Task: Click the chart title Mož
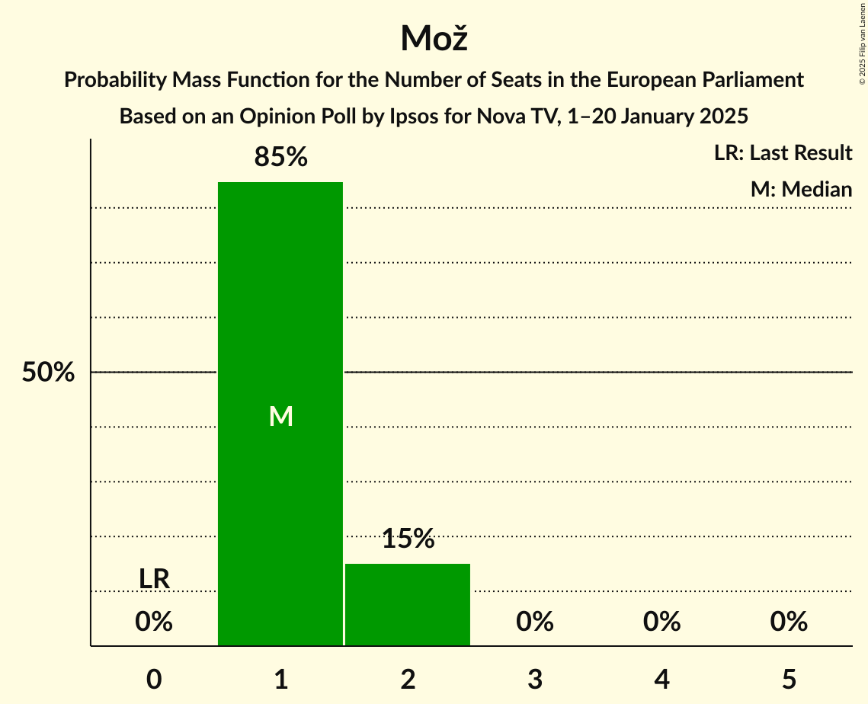[x=434, y=38]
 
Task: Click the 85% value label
[x=280, y=158]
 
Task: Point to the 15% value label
[x=408, y=539]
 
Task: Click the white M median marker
[x=280, y=416]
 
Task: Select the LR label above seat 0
[x=154, y=579]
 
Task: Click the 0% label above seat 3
[x=535, y=622]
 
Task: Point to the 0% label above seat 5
[x=789, y=622]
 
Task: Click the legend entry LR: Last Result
[x=783, y=153]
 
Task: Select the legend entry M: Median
[x=801, y=189]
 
